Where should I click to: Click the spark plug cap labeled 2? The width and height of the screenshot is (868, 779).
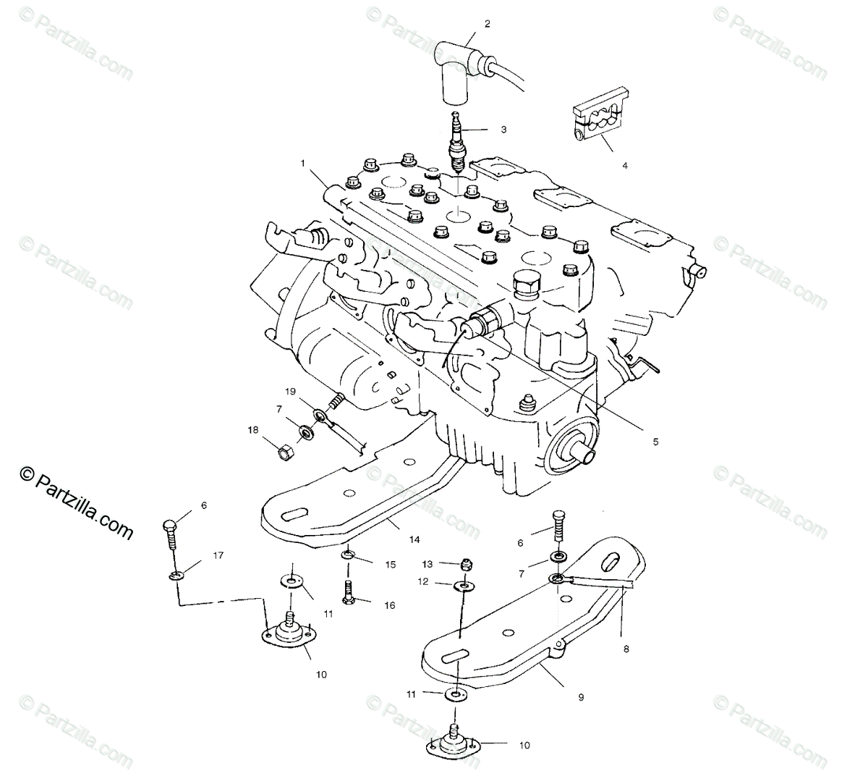(x=456, y=72)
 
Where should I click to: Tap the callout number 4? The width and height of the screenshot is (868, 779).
(x=625, y=164)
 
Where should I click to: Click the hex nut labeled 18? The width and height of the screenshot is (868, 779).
(x=284, y=453)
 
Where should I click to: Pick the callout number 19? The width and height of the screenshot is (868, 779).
(x=290, y=392)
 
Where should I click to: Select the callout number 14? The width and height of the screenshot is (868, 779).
(x=414, y=539)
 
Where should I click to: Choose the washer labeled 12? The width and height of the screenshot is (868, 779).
(x=461, y=584)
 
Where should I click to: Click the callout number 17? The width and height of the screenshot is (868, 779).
(x=218, y=556)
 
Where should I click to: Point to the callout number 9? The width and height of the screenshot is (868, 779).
(x=580, y=697)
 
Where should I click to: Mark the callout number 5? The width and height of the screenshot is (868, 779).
(x=655, y=440)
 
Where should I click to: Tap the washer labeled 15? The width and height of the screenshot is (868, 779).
(x=350, y=556)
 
